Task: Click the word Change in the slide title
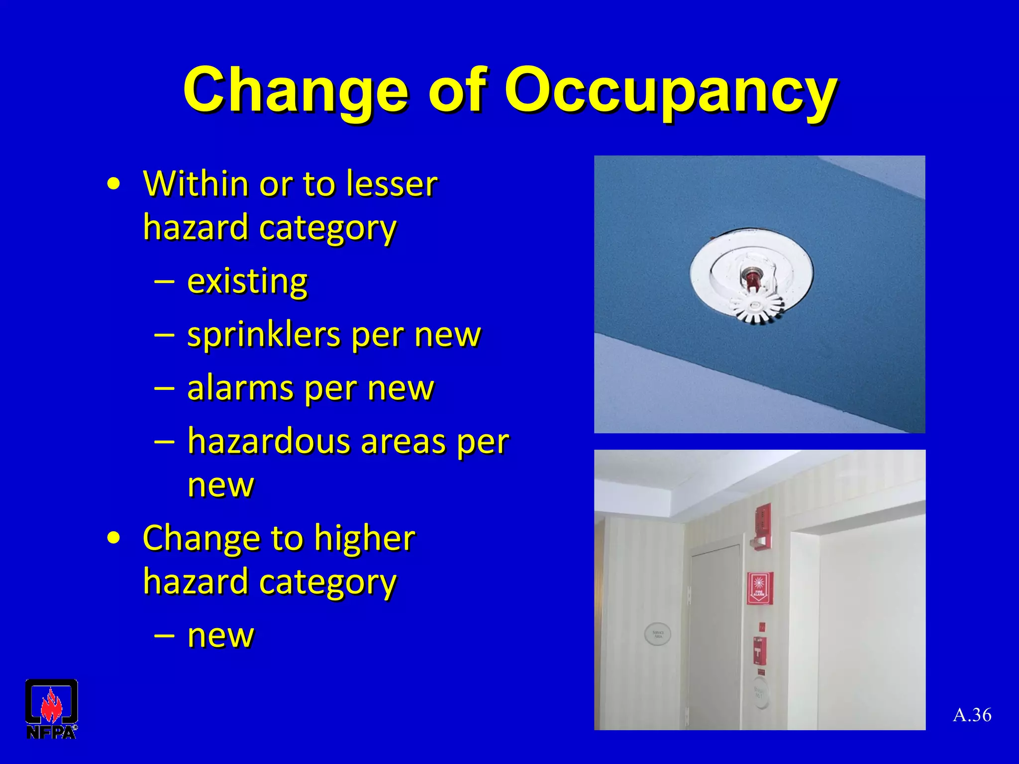(296, 91)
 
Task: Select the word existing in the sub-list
(247, 282)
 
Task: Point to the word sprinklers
(264, 335)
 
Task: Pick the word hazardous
(268, 441)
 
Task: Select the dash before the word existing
(164, 282)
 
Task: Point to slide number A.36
(972, 715)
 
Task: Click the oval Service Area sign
(658, 634)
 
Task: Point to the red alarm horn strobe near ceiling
(763, 525)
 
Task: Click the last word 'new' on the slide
(220, 635)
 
